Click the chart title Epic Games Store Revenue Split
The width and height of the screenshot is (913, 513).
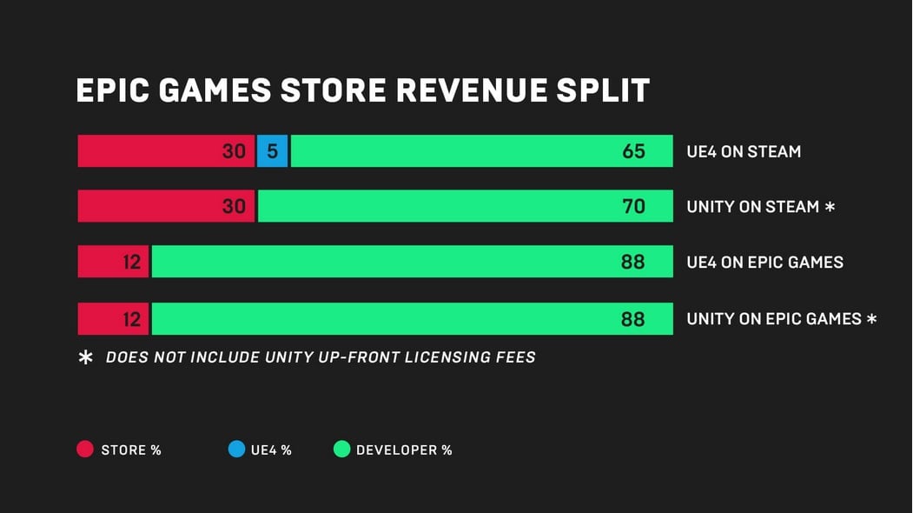pos(362,91)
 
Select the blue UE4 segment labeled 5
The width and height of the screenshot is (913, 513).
pos(272,151)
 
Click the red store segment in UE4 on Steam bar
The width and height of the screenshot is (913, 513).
pos(165,151)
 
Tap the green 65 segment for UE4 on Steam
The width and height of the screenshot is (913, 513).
pos(481,151)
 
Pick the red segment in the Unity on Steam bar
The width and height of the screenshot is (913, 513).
pos(165,206)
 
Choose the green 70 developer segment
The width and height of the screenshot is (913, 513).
pos(465,206)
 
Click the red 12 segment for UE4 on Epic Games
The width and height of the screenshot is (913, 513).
pos(113,262)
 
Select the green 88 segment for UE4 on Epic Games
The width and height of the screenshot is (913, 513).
pos(412,262)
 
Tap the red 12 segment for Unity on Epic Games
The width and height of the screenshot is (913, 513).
pos(113,319)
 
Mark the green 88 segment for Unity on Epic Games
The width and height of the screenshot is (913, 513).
pos(412,319)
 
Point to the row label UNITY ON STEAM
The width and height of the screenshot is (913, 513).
pos(752,207)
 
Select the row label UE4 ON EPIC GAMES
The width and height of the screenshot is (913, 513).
pos(764,263)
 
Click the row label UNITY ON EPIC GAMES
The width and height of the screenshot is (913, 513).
pos(773,319)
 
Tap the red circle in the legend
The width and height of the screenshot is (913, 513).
pos(85,450)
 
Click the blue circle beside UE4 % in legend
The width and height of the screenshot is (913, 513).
pos(236,450)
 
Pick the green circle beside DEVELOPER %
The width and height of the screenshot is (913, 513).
pos(341,450)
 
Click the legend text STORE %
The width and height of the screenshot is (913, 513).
pos(131,450)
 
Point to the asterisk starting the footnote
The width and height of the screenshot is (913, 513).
pos(86,357)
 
